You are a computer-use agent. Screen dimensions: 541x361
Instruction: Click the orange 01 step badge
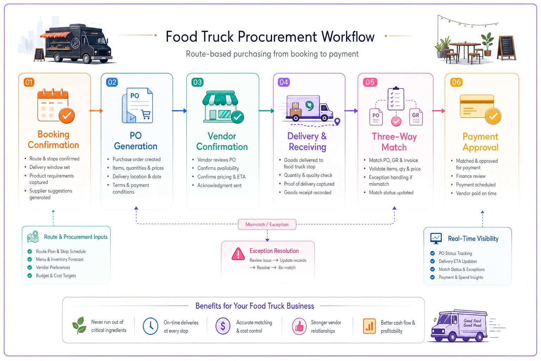click(x=29, y=82)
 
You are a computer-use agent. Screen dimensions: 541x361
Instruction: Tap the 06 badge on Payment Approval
click(x=456, y=82)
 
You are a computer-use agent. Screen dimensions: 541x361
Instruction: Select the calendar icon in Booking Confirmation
click(x=56, y=106)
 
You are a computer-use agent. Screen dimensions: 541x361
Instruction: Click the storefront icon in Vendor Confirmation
click(x=223, y=107)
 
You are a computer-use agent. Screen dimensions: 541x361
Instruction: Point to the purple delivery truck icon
click(x=310, y=109)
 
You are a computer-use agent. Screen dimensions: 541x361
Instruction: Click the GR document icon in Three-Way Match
click(x=416, y=117)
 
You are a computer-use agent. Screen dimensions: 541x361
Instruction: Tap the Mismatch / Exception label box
click(x=267, y=224)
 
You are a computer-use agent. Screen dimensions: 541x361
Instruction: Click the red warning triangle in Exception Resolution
click(x=238, y=254)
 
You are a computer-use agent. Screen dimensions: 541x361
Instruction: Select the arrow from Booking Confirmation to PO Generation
click(x=96, y=111)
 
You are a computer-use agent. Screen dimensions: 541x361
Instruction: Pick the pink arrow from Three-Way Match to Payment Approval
click(x=439, y=111)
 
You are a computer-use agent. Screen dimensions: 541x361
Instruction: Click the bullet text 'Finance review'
click(x=471, y=176)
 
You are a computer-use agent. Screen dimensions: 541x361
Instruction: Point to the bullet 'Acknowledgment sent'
click(x=219, y=185)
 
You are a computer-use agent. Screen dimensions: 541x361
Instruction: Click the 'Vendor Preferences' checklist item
click(x=53, y=268)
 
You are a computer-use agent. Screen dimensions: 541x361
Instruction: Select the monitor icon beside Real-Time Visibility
click(x=436, y=238)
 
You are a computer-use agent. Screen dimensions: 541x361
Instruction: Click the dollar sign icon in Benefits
click(x=223, y=326)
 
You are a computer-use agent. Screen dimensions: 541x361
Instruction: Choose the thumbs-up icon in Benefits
click(x=299, y=326)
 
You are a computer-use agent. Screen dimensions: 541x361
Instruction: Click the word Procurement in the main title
click(x=277, y=37)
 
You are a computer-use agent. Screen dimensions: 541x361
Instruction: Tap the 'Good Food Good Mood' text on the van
click(x=472, y=323)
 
